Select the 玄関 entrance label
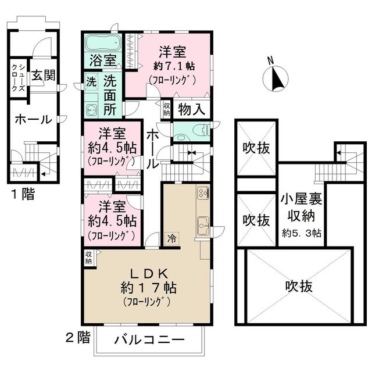pyautogui.click(x=44, y=76)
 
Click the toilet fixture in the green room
pyautogui.click(x=188, y=131)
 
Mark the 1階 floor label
pyautogui.click(x=22, y=194)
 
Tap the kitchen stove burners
pyautogui.click(x=203, y=192)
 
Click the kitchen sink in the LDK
pyautogui.click(x=203, y=223)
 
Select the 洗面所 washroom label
pyautogui.click(x=110, y=94)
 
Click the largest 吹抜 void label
pyautogui.click(x=299, y=285)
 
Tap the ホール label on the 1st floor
pyautogui.click(x=33, y=120)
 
